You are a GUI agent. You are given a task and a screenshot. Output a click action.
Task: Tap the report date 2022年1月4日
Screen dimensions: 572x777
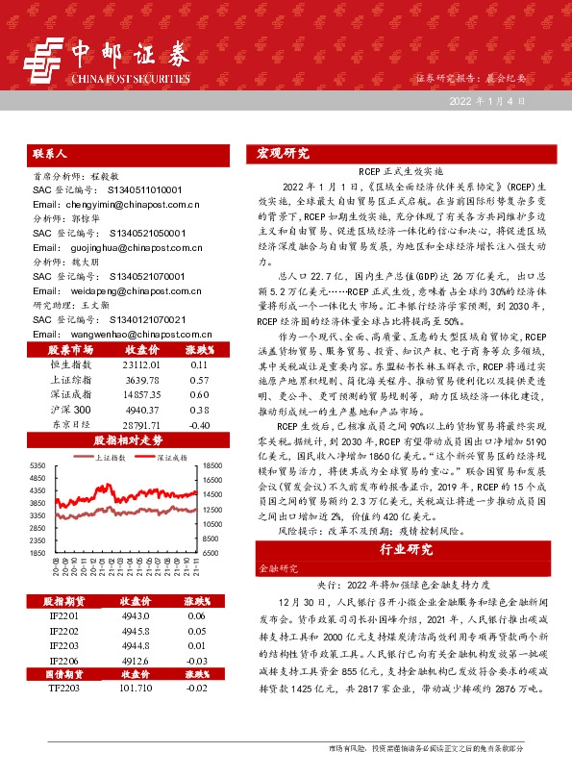(x=485, y=100)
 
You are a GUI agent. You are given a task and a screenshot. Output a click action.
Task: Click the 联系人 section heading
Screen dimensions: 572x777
(x=49, y=153)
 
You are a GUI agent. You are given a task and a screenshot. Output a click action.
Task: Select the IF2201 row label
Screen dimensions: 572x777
(x=62, y=614)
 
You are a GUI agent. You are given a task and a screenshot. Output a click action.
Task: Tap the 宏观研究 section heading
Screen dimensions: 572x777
(x=283, y=153)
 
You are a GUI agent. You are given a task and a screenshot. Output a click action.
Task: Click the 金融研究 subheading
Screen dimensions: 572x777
(x=276, y=569)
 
